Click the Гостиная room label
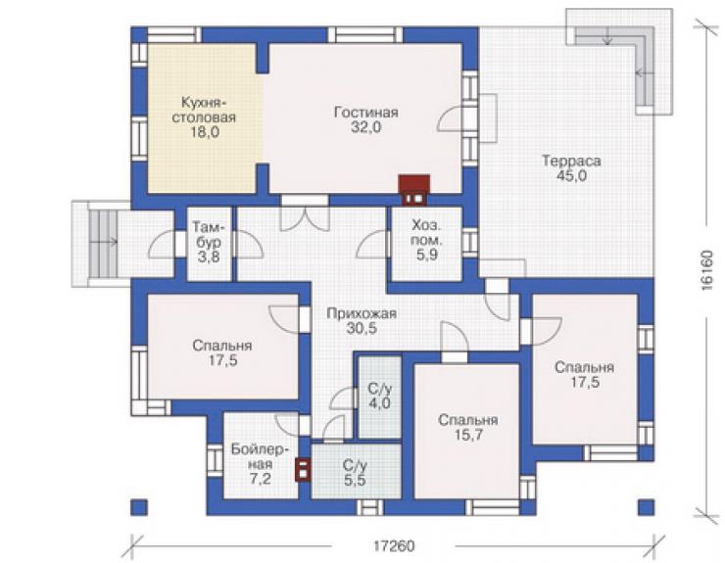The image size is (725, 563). [365, 113]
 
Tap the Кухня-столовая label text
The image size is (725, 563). [204, 110]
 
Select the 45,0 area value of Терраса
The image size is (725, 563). [571, 175]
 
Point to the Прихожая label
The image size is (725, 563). [362, 313]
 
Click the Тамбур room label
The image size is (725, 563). [209, 234]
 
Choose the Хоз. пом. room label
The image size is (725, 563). [427, 232]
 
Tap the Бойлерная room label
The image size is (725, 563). [261, 456]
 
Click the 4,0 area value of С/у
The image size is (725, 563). [379, 403]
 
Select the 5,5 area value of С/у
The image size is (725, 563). [355, 480]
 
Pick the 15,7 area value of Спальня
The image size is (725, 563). [468, 435]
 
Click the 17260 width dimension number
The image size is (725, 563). [395, 546]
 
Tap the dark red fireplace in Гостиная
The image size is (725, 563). [414, 189]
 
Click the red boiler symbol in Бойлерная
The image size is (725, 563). [303, 469]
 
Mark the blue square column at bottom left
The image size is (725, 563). [139, 507]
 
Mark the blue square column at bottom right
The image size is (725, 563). [647, 507]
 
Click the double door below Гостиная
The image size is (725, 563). [305, 217]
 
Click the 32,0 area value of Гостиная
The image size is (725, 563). [365, 126]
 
